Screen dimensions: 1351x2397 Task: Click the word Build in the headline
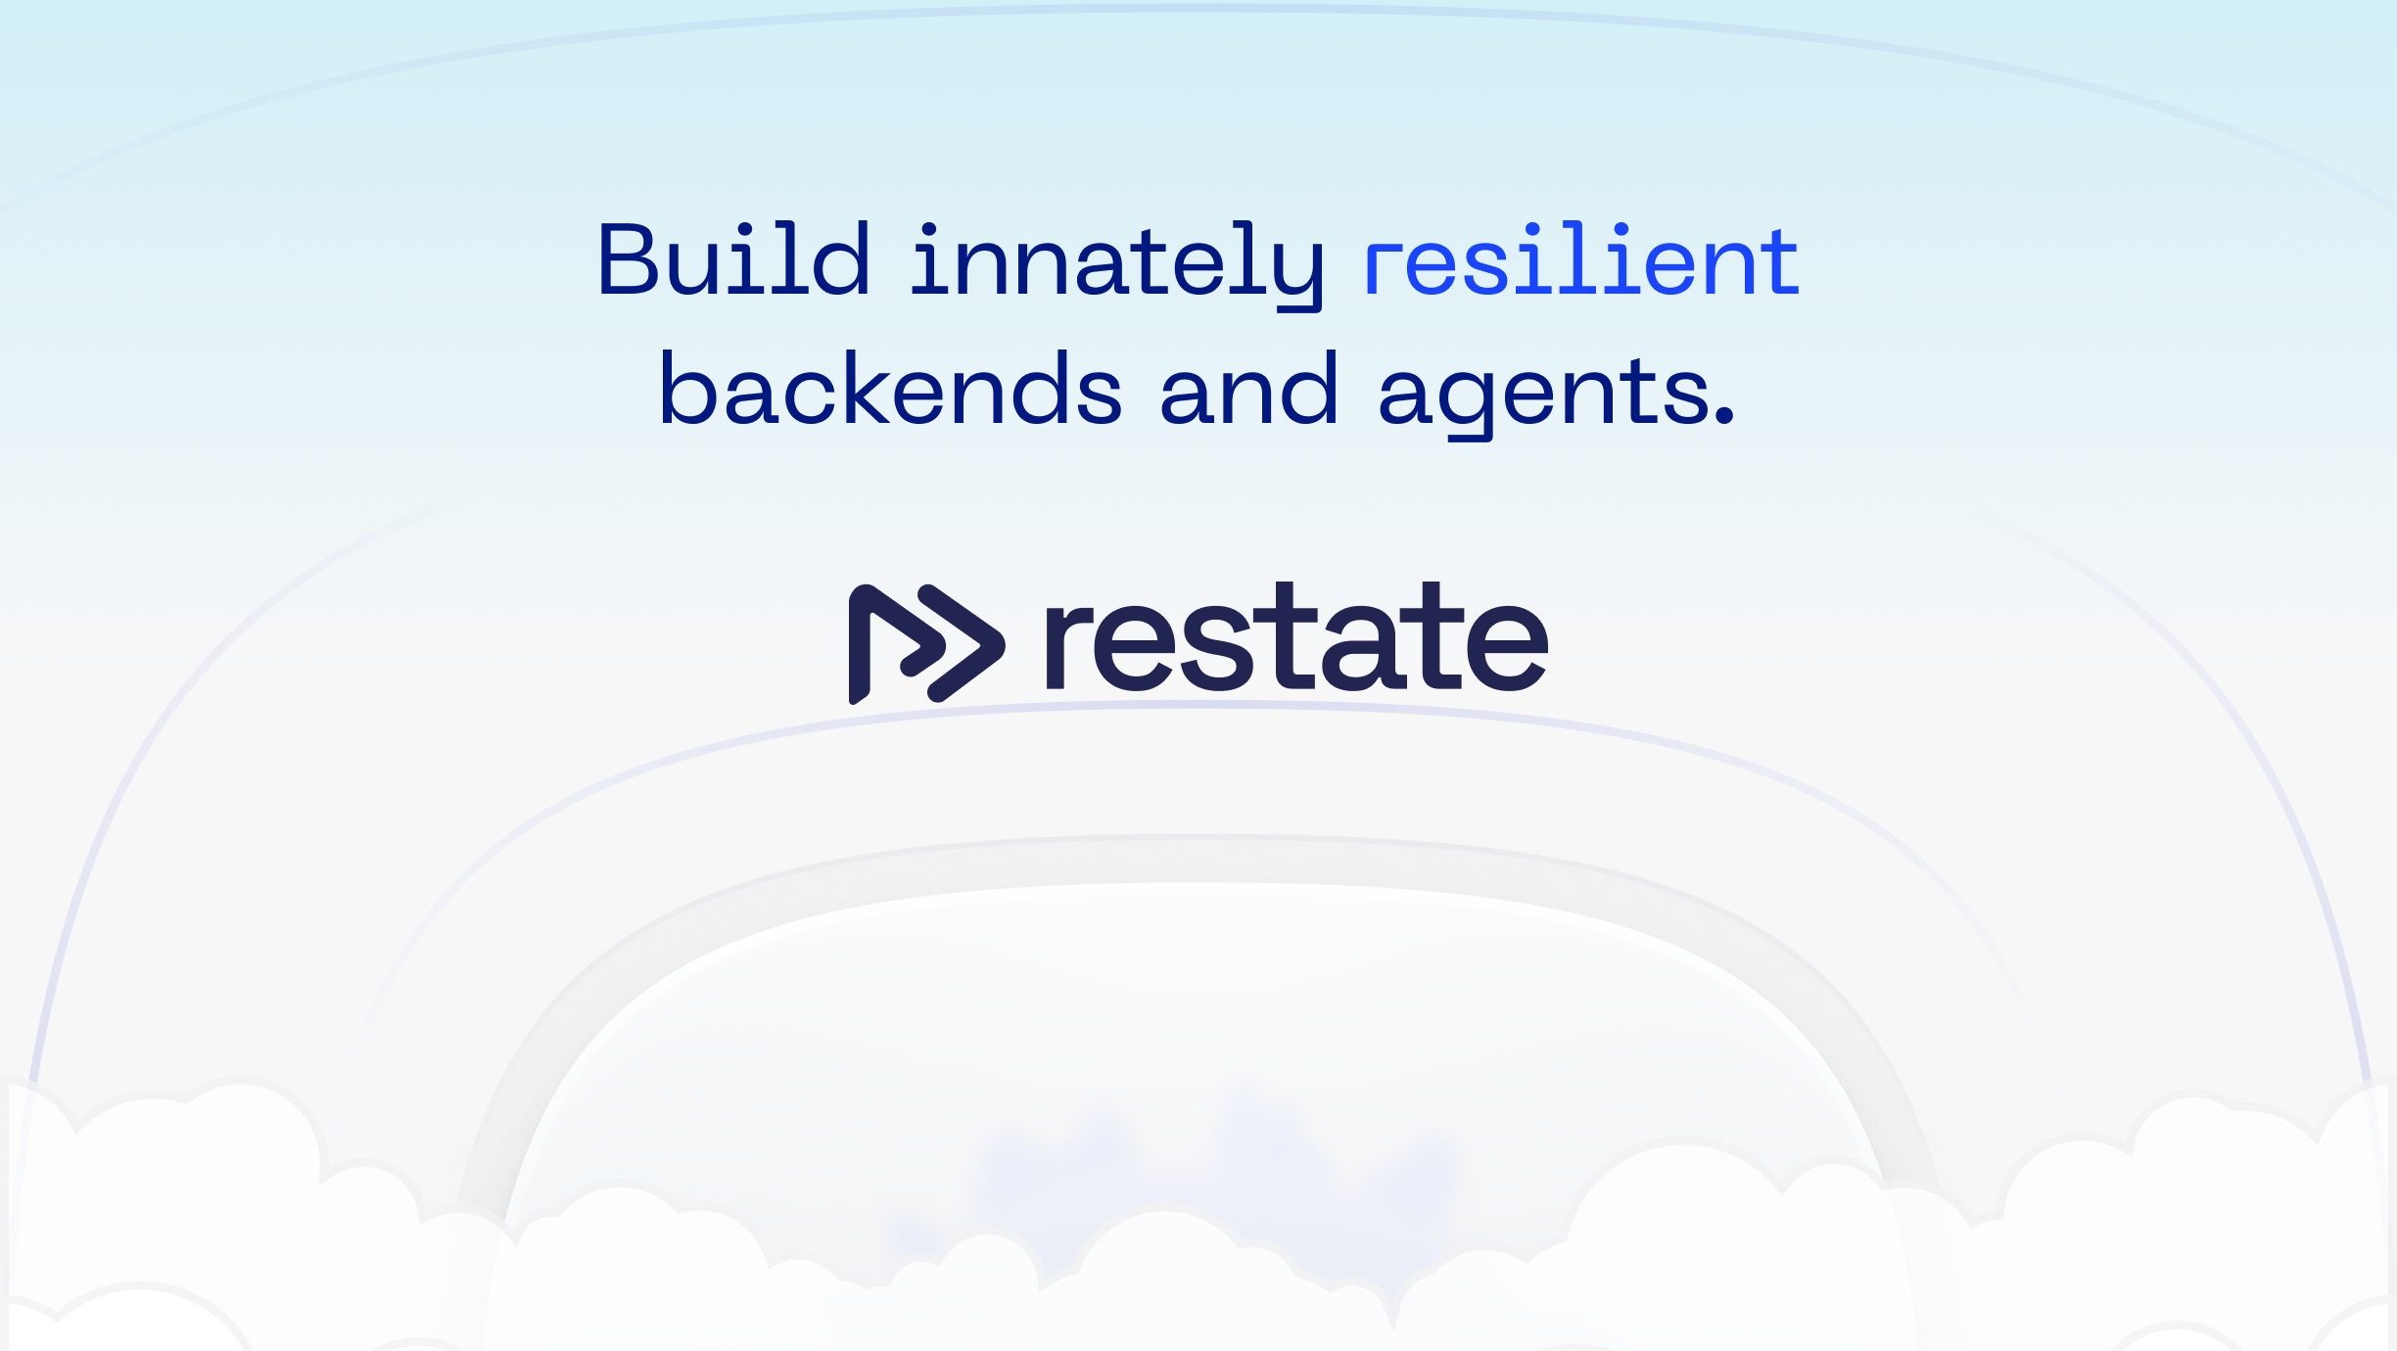tap(733, 259)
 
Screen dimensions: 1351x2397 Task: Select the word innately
tap(1117, 262)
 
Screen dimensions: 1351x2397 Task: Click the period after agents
tap(1725, 417)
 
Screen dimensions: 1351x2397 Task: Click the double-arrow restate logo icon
tap(925, 643)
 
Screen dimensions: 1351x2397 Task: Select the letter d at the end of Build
tap(841, 259)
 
